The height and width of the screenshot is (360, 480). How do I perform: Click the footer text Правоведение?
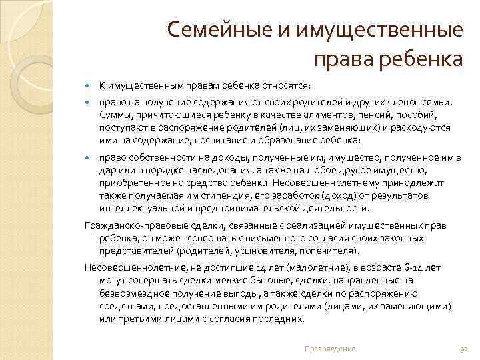329,349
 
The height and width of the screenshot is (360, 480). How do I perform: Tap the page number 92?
465,349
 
